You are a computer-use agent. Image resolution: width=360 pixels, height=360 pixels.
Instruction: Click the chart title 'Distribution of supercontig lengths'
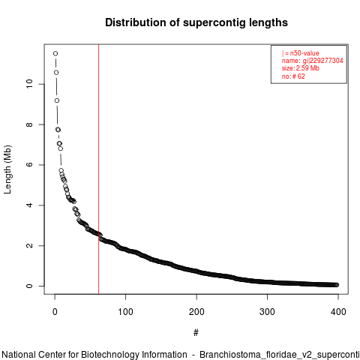pyautogui.click(x=196, y=22)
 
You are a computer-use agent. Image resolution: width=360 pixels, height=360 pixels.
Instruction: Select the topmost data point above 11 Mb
pyautogui.click(x=55, y=53)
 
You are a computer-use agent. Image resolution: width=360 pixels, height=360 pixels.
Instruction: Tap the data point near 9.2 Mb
pyautogui.click(x=57, y=100)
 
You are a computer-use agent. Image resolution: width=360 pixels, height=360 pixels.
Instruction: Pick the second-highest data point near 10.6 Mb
pyautogui.click(x=56, y=73)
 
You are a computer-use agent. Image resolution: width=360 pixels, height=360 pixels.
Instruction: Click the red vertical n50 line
pyautogui.click(x=99, y=169)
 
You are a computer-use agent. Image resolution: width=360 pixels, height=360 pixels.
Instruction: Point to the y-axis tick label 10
pyautogui.click(x=29, y=84)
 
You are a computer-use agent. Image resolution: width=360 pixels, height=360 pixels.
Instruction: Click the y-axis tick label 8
pyautogui.click(x=29, y=124)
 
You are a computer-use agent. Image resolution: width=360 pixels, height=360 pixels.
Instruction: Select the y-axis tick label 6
pyautogui.click(x=29, y=165)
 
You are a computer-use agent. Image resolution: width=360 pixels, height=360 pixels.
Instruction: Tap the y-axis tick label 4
pyautogui.click(x=29, y=205)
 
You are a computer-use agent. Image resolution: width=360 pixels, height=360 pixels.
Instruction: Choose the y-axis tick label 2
pyautogui.click(x=29, y=245)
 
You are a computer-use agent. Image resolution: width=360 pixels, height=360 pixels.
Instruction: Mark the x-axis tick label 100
pyautogui.click(x=125, y=312)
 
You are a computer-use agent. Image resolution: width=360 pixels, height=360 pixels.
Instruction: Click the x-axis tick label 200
pyautogui.click(x=196, y=312)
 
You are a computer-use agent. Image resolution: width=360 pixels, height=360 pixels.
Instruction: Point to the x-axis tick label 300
pyautogui.click(x=267, y=312)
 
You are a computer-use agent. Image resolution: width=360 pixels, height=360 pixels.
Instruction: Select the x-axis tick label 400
pyautogui.click(x=338, y=312)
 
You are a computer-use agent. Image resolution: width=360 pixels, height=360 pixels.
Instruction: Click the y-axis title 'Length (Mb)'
pyautogui.click(x=7, y=169)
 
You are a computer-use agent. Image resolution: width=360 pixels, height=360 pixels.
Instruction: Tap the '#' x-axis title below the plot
pyautogui.click(x=196, y=333)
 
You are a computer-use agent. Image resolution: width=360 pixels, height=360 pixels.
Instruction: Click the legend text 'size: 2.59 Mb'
pyautogui.click(x=301, y=68)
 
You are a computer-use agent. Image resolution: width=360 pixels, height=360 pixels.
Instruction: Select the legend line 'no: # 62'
pyautogui.click(x=293, y=76)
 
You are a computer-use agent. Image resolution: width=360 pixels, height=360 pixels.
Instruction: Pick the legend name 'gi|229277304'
pyautogui.click(x=323, y=61)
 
